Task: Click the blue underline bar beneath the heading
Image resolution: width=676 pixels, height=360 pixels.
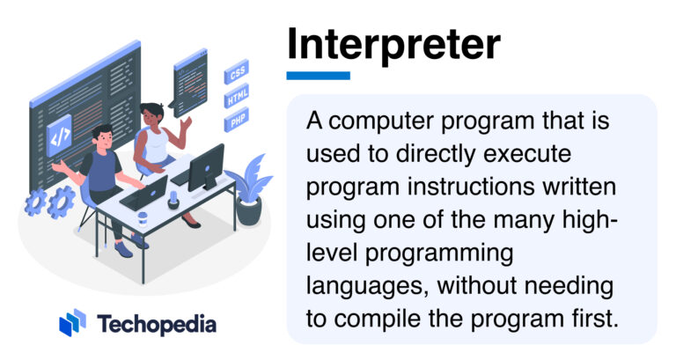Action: [318, 76]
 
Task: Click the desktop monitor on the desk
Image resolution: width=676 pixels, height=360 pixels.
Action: [205, 165]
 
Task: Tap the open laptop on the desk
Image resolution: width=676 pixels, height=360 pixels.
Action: [146, 193]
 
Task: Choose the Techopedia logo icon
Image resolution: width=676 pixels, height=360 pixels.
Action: [72, 323]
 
